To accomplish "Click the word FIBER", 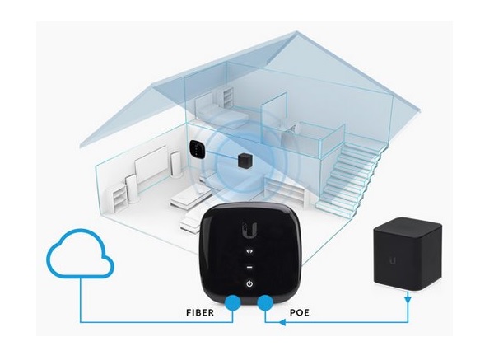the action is tap(200, 313).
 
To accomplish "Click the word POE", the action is tap(300, 313).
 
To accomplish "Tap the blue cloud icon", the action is tap(80, 253).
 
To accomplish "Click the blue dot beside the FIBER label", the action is tap(233, 303).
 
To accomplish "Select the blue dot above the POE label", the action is tap(265, 303).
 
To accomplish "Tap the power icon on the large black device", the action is tap(249, 283).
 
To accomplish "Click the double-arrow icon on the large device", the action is tap(249, 251).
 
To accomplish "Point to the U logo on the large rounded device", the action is tap(250, 230).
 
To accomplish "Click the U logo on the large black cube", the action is tap(392, 260).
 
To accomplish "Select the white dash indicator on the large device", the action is tap(249, 267).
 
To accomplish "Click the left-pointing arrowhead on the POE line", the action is tap(282, 322).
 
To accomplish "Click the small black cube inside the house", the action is tap(245, 161).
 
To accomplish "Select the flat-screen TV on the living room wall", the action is tap(151, 166).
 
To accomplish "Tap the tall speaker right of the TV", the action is tap(175, 164).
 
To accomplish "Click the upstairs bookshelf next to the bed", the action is tap(228, 97).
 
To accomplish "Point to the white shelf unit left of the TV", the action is tap(120, 198).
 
